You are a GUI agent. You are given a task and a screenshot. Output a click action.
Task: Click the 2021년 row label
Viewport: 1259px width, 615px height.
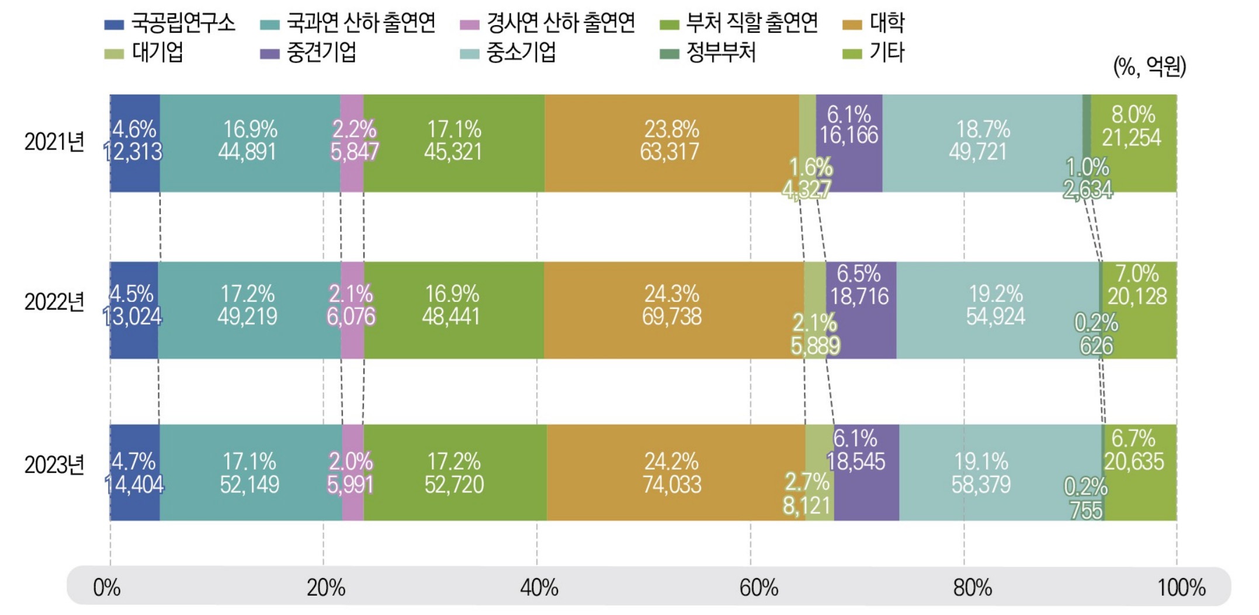click(54, 142)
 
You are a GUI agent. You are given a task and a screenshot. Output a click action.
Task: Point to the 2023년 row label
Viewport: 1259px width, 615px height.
click(54, 465)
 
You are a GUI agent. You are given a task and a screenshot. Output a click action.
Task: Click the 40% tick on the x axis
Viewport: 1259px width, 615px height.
click(539, 588)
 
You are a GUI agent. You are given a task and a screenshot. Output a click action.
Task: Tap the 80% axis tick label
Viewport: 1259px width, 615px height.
click(972, 588)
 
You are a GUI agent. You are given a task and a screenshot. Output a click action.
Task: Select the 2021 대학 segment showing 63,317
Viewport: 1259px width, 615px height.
click(671, 143)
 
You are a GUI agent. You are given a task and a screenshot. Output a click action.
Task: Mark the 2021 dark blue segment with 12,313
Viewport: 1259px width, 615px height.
click(134, 143)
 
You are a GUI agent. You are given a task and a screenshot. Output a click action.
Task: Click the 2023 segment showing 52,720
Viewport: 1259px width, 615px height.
click(455, 473)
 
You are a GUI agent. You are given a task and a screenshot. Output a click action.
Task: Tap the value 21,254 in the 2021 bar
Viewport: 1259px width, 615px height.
click(1132, 138)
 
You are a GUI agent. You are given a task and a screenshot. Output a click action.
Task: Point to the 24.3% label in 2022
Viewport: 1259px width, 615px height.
click(671, 294)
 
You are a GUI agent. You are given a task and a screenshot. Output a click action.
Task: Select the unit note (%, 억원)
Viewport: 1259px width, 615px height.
click(1149, 67)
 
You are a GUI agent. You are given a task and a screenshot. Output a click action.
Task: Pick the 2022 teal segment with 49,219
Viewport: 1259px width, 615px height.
click(248, 310)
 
